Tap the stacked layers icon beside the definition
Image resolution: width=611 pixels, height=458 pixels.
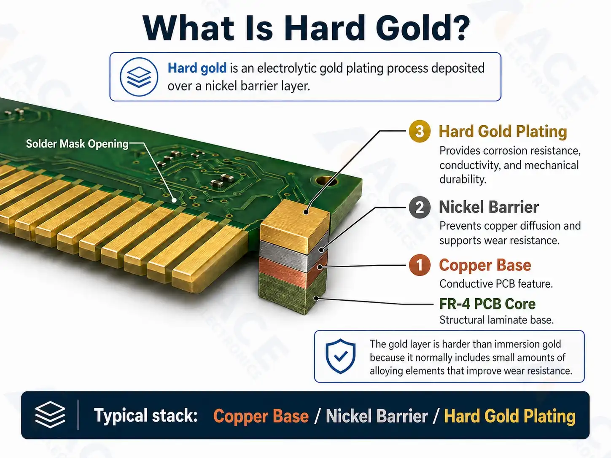tap(139, 77)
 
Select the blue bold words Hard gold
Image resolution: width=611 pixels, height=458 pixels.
tap(197, 68)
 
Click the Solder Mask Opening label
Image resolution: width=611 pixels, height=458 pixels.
tap(77, 144)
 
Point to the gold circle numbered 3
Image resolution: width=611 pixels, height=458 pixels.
tap(420, 131)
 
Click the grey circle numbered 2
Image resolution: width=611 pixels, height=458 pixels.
tap(420, 207)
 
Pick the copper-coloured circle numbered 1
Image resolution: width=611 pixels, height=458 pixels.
tap(420, 265)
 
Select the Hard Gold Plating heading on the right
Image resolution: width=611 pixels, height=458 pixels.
tap(503, 131)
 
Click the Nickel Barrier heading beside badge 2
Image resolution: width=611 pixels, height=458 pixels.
tap(489, 207)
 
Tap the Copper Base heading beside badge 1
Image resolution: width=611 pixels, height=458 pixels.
tap(485, 265)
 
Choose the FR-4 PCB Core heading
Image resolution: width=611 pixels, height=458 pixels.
tap(487, 304)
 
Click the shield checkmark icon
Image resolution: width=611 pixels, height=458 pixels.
tap(341, 356)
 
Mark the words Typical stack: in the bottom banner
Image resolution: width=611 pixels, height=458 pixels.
tap(145, 415)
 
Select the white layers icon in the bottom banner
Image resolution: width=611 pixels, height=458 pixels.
tap(50, 415)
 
